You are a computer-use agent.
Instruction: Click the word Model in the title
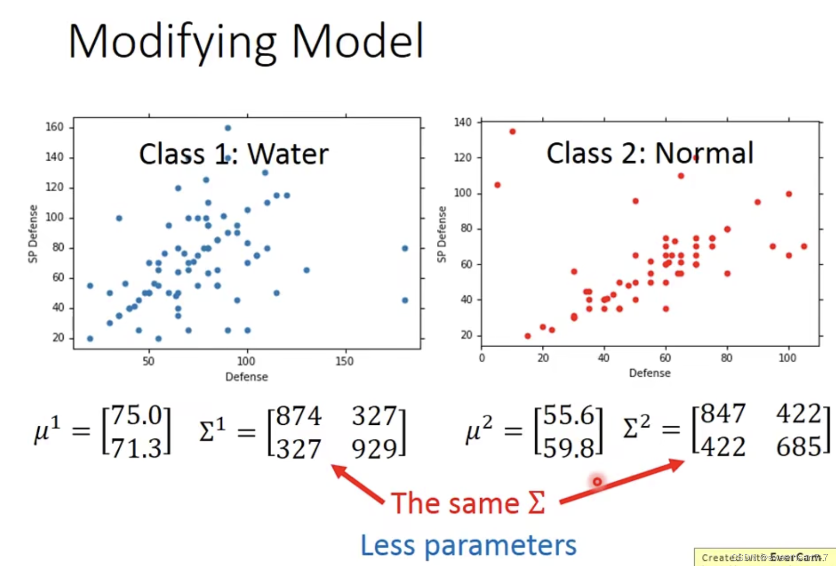pos(357,41)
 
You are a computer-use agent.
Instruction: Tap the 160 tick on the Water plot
pos(55,126)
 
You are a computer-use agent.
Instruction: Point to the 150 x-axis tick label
pos(345,361)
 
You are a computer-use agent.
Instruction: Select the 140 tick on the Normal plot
pos(462,122)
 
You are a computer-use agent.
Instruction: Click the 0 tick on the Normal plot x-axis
pos(482,358)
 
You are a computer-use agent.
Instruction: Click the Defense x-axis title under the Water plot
pos(247,377)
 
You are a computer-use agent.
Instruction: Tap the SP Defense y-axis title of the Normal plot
pos(441,235)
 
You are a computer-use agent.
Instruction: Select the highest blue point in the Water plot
pos(228,128)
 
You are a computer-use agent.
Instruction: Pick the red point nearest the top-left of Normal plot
pos(512,132)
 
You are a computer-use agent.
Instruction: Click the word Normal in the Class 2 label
pos(704,153)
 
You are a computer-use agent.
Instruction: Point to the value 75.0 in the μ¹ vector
pos(136,416)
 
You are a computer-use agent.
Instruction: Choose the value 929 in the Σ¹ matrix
pos(374,449)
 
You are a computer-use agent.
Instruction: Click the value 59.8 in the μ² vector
pos(568,448)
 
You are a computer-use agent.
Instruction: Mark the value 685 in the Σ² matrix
pos(798,447)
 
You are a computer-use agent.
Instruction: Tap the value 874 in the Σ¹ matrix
pos(299,416)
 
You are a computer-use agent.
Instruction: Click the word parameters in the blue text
pos(500,545)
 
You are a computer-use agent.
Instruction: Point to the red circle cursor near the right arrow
pos(597,481)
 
